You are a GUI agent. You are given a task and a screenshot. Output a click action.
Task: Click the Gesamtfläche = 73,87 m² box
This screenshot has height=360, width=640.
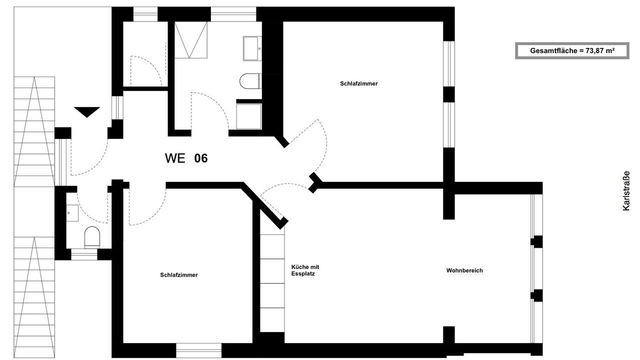[x=572, y=51]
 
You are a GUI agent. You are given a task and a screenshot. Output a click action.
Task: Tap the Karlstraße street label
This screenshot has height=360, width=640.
[x=626, y=191]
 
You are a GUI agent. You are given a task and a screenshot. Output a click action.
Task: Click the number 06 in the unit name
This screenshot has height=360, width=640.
[x=201, y=158]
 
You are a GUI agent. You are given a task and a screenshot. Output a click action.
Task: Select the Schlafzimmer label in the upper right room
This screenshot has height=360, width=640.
[x=359, y=83]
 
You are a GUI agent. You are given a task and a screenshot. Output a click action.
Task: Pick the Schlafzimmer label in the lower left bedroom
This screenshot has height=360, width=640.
[x=179, y=275]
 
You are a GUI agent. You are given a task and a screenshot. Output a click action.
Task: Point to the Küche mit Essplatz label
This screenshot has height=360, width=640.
[x=305, y=270]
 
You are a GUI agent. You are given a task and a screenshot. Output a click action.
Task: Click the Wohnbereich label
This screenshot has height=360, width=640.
[x=464, y=270]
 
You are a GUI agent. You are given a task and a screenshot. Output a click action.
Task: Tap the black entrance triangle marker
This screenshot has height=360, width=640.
[x=87, y=112]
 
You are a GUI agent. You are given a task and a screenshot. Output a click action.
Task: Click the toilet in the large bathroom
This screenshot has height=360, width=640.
[x=250, y=81]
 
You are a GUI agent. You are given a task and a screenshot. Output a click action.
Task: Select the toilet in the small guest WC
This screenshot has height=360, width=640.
[x=92, y=237]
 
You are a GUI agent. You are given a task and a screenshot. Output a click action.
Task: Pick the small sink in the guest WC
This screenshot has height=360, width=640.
[x=72, y=213]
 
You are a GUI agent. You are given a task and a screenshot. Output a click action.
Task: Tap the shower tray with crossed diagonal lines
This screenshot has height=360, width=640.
[x=191, y=40]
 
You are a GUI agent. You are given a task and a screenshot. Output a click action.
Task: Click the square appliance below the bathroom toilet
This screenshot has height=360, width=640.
[x=249, y=116]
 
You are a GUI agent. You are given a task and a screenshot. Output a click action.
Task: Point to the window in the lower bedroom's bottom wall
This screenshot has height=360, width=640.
[x=199, y=350]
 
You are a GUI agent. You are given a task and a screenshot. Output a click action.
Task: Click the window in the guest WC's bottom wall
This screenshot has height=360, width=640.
[x=84, y=254]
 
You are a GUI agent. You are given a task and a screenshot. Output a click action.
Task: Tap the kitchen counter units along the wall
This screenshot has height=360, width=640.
[x=272, y=283]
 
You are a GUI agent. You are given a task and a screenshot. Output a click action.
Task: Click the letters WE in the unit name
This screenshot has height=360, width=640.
[x=175, y=158]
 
